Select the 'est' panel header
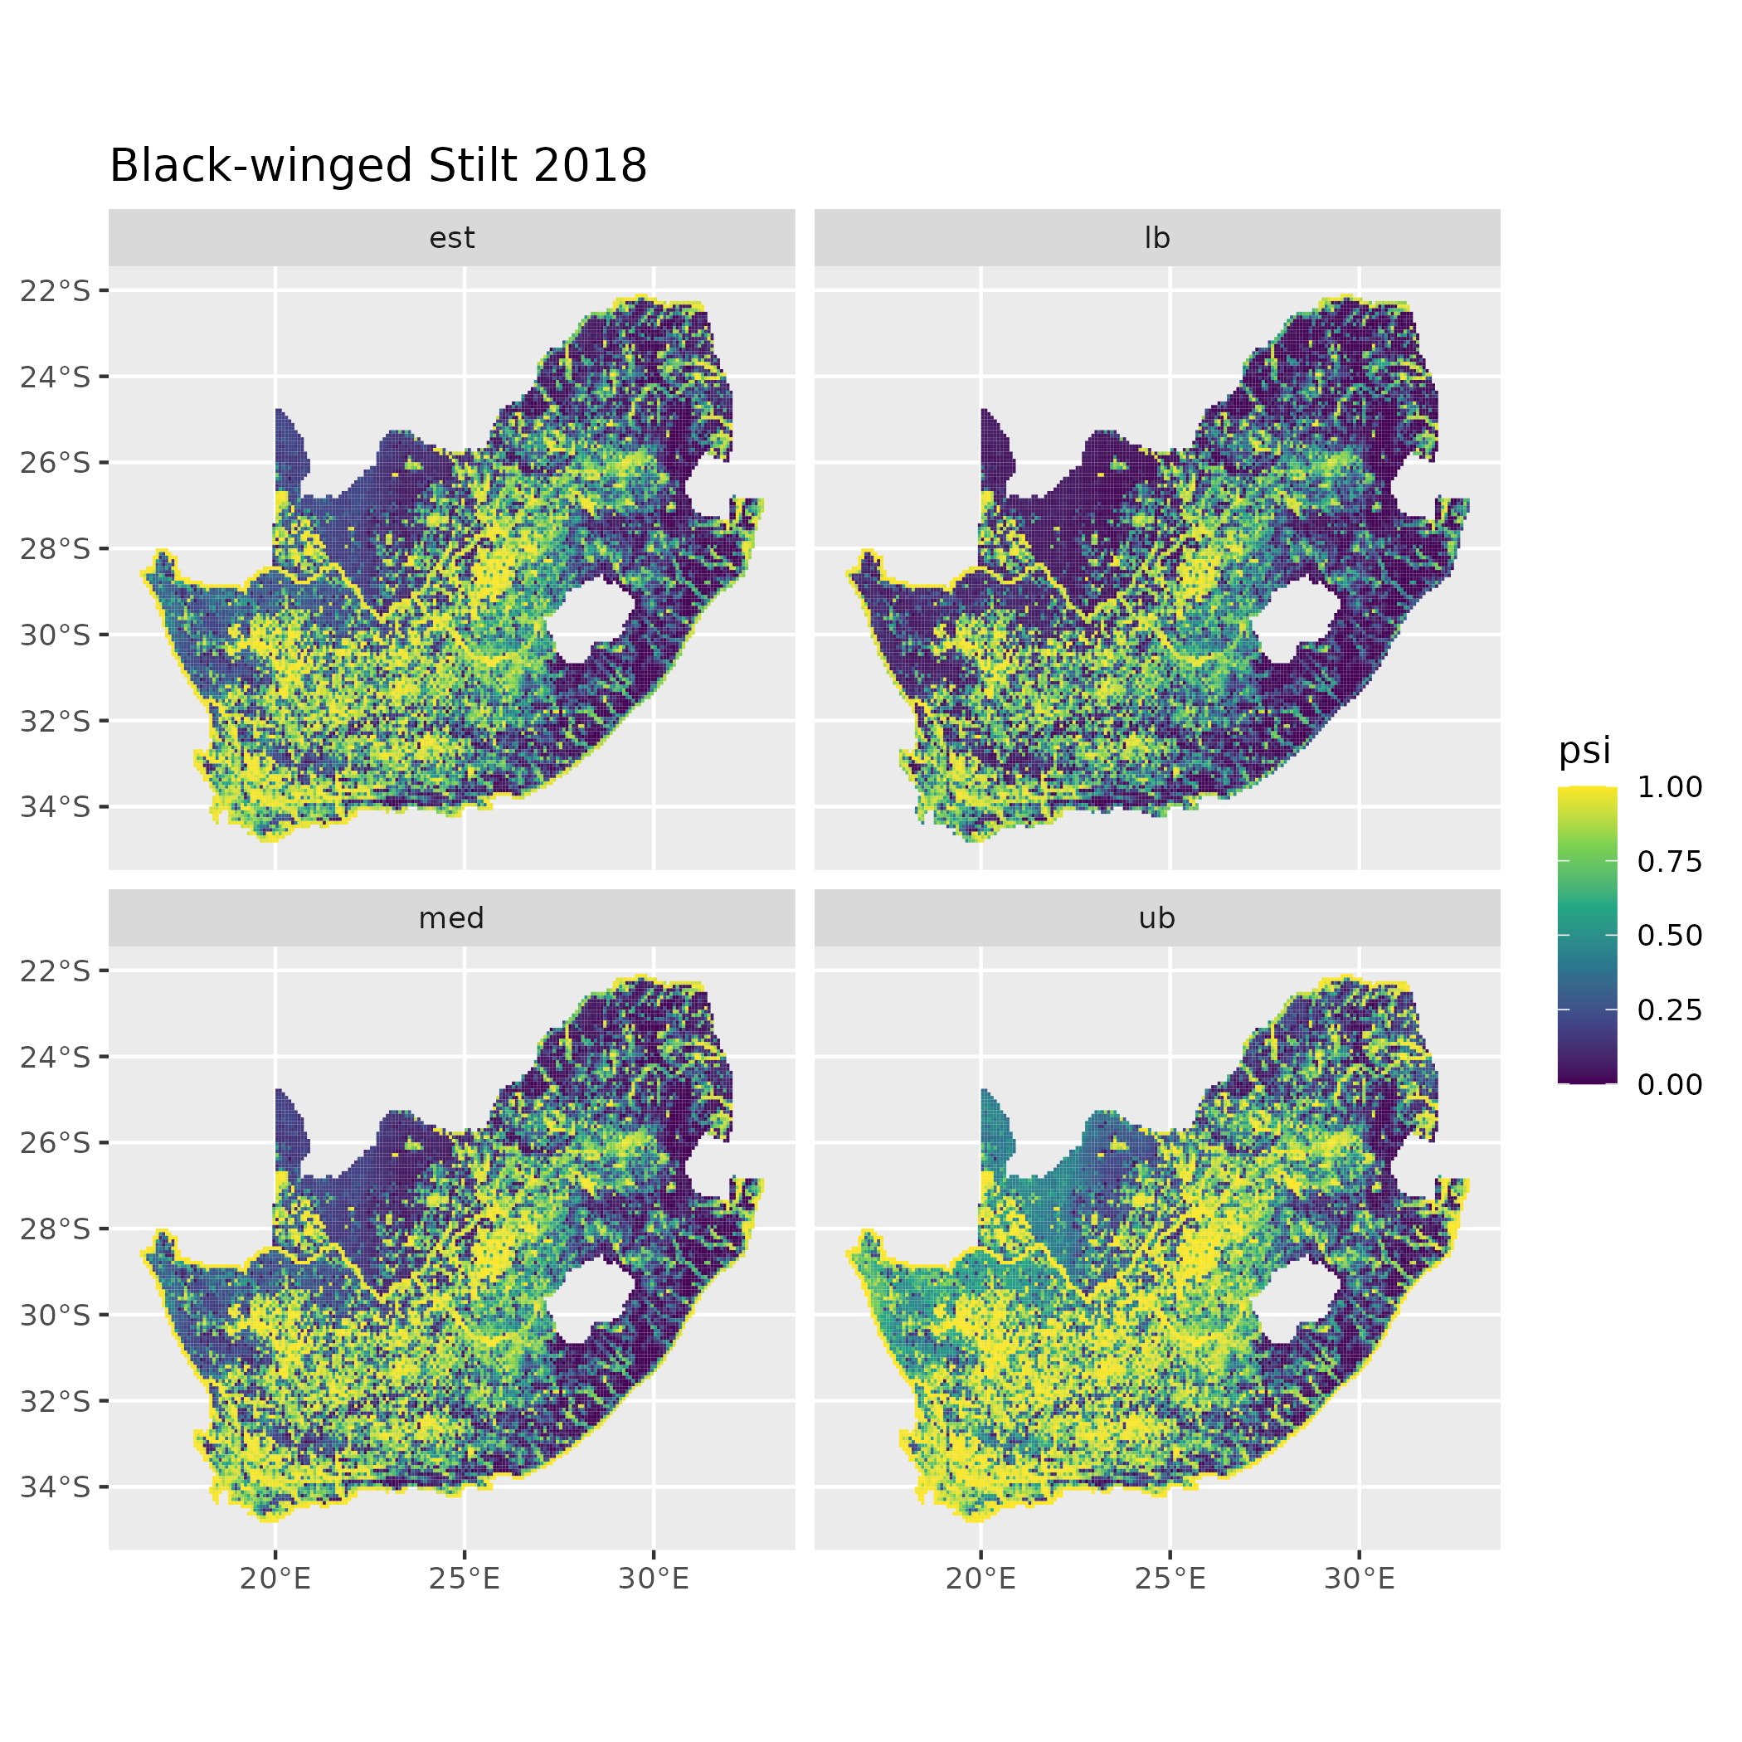pyautogui.click(x=452, y=238)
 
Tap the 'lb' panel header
pyautogui.click(x=1157, y=238)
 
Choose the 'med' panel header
pyautogui.click(x=452, y=918)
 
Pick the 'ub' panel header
pyautogui.click(x=1157, y=918)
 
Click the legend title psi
pyautogui.click(x=1584, y=750)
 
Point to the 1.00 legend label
pyautogui.click(x=1670, y=787)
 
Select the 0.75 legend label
pyautogui.click(x=1670, y=862)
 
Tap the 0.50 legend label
pyautogui.click(x=1670, y=936)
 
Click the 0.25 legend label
pyautogui.click(x=1670, y=1010)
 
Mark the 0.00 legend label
pyautogui.click(x=1670, y=1084)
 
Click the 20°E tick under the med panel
pyautogui.click(x=275, y=1578)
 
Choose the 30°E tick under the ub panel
pyautogui.click(x=1359, y=1578)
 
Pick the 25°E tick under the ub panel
pyautogui.click(x=1170, y=1578)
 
